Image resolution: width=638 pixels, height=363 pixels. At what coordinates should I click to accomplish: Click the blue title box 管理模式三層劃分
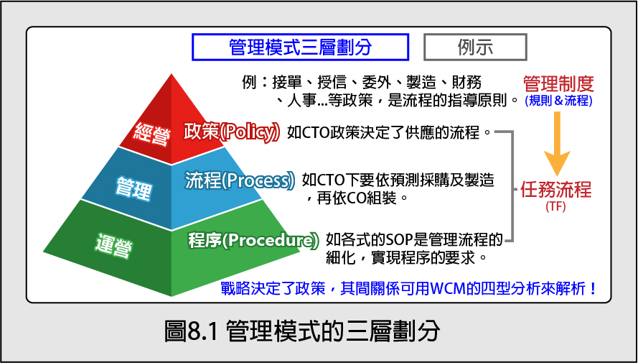point(300,47)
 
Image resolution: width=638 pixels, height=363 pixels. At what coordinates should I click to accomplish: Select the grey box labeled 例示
point(475,47)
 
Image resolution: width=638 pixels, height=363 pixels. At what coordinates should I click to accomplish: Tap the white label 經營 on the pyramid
point(151,133)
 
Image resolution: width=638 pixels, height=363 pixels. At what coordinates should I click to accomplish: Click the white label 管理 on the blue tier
point(134,188)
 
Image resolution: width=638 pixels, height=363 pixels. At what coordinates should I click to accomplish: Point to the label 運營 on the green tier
point(114,244)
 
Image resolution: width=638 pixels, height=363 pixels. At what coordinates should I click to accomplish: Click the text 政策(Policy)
point(232,132)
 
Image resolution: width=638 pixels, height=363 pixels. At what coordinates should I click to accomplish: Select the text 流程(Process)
point(240,180)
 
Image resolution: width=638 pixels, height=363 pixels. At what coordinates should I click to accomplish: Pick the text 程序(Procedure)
point(253,240)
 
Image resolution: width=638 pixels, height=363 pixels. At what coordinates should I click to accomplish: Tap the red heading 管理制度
point(558,84)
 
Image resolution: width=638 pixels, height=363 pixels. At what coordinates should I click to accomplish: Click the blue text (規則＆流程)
point(558,101)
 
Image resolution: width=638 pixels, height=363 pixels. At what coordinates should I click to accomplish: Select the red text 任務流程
point(555,190)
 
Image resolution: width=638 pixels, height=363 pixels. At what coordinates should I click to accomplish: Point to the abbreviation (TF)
point(555,206)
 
